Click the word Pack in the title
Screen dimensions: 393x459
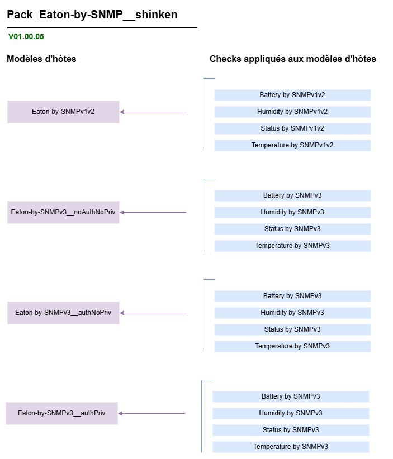(20, 15)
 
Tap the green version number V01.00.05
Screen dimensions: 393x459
(26, 37)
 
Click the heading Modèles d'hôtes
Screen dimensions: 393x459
(41, 59)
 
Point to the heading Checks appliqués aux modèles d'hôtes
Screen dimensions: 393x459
(293, 59)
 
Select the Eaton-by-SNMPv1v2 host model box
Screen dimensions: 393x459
(63, 112)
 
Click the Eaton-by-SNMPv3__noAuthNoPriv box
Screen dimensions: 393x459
(63, 212)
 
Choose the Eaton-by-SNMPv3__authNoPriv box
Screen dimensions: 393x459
(63, 313)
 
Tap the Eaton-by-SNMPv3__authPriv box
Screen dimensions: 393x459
(61, 413)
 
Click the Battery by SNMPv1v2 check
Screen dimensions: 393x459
(292, 95)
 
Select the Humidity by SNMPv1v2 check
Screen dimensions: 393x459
(292, 112)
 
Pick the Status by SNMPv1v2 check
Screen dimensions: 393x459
(292, 128)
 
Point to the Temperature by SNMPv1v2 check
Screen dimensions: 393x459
(292, 145)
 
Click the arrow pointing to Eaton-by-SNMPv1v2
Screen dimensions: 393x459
(153, 112)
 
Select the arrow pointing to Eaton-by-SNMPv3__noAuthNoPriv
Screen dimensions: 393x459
(153, 213)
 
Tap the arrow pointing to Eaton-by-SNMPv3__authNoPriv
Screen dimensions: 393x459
(153, 313)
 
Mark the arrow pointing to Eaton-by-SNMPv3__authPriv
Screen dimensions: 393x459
(151, 413)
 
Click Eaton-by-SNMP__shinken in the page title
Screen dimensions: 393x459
(108, 15)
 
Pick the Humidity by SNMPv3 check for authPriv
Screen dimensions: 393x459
(291, 413)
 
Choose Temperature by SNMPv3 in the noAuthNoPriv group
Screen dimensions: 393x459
(292, 246)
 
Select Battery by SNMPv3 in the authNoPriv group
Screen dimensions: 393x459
(292, 296)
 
